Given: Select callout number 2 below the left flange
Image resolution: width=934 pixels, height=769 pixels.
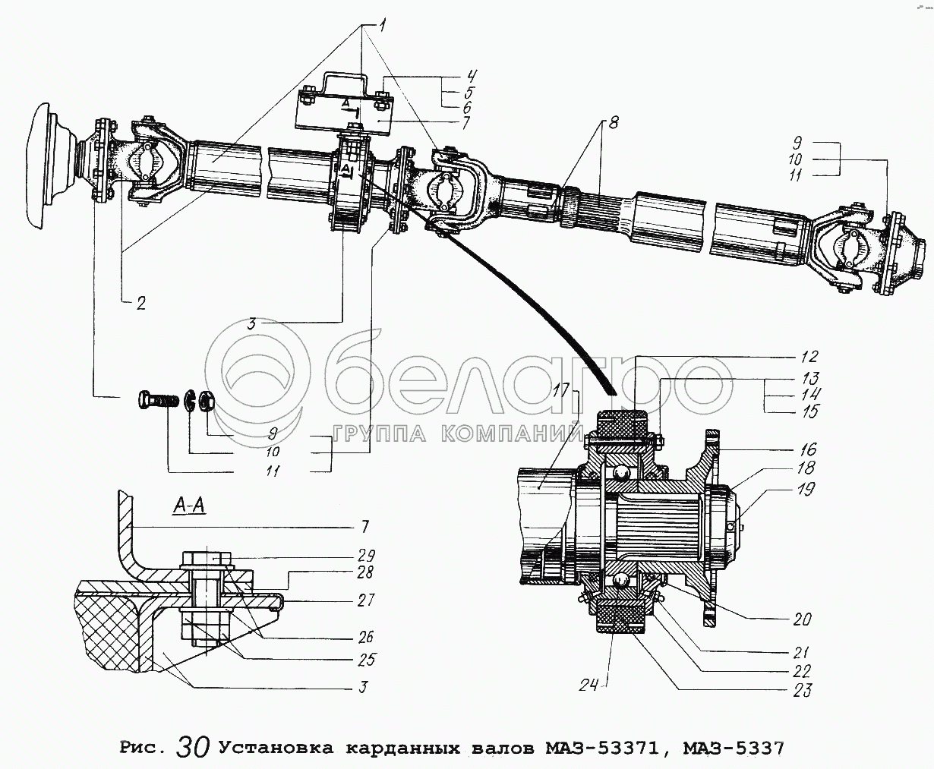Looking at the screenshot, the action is point(141,304).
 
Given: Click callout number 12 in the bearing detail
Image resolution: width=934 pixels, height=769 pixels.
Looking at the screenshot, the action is point(809,356).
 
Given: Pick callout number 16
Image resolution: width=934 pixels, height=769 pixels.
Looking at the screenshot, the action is point(806,450).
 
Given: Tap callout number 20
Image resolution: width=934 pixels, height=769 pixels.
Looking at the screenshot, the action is point(802,619).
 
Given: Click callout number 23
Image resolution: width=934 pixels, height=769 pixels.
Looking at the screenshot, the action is point(802,690).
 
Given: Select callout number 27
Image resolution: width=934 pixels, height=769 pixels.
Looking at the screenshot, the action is point(366,600).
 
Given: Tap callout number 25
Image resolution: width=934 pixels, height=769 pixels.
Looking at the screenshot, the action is point(366,660).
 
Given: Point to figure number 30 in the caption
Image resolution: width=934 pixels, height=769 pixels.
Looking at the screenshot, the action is point(193,747).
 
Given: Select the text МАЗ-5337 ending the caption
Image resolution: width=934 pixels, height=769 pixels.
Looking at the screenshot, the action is point(733,749).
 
